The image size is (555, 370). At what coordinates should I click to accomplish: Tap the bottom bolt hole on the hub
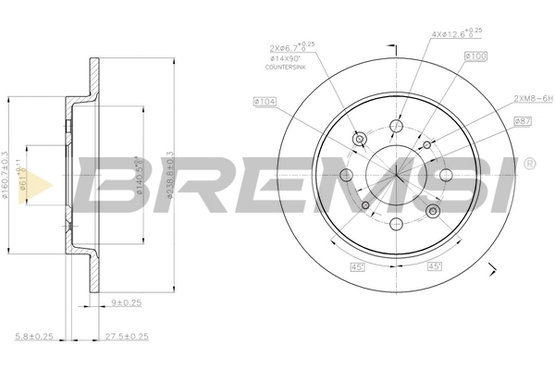click(x=396, y=222)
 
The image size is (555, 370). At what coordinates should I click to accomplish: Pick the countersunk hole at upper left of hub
click(x=359, y=140)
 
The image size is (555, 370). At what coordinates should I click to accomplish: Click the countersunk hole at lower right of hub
click(x=433, y=212)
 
